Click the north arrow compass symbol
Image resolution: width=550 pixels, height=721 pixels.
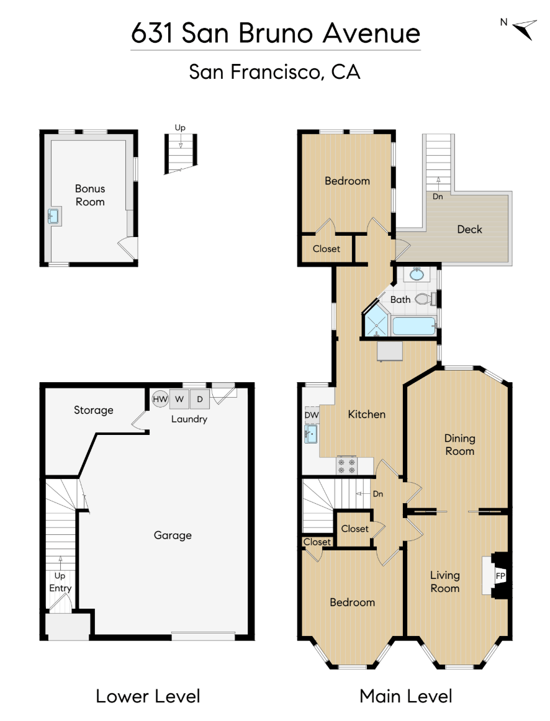click(x=525, y=29)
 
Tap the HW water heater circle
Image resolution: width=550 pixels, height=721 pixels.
click(x=160, y=399)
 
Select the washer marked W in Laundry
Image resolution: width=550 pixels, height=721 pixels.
click(x=179, y=399)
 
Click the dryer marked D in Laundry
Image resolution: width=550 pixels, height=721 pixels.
click(x=200, y=399)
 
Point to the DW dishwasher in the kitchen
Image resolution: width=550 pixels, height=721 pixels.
click(x=312, y=414)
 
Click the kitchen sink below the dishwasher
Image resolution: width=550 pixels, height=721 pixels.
click(x=311, y=434)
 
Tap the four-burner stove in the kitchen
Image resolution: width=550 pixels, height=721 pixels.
click(x=346, y=465)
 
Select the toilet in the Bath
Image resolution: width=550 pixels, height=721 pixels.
click(x=426, y=299)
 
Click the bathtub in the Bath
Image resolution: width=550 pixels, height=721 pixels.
click(x=414, y=326)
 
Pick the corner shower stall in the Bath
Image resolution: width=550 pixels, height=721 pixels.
click(x=376, y=322)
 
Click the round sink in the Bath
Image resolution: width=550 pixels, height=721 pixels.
click(x=417, y=274)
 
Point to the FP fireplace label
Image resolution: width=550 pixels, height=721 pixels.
click(x=500, y=576)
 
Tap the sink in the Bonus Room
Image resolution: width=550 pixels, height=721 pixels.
click(x=53, y=216)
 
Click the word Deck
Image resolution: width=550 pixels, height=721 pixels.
click(x=469, y=230)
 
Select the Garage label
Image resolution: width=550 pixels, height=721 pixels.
click(x=173, y=535)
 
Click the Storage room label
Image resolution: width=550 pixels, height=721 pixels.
click(x=93, y=410)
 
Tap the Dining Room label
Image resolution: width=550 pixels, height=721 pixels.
click(x=460, y=445)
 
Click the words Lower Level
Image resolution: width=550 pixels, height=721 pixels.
click(x=148, y=696)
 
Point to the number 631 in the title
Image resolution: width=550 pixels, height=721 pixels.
click(x=152, y=33)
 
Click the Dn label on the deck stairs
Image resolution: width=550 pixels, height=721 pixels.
click(x=438, y=196)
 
